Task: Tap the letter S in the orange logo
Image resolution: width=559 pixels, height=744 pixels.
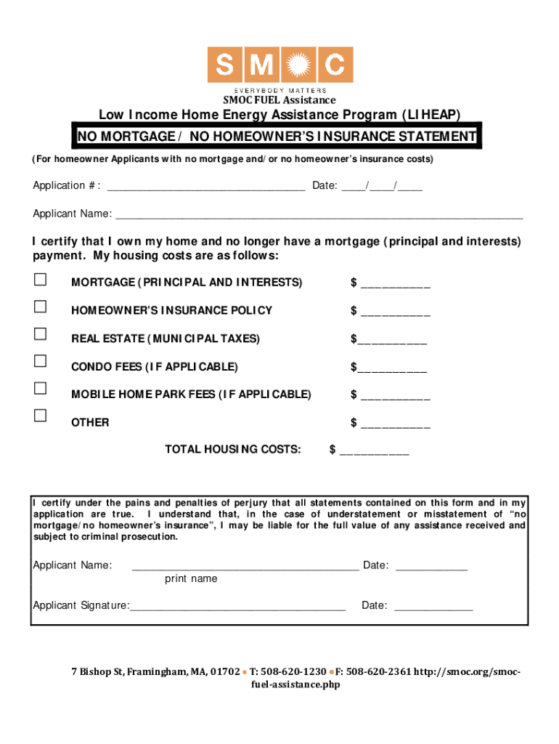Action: point(226,65)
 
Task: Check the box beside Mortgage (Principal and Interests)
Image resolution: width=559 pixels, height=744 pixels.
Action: point(40,280)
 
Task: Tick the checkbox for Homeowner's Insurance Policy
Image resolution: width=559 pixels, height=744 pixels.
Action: point(40,307)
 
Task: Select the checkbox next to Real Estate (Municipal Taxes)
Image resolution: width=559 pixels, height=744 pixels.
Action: point(40,334)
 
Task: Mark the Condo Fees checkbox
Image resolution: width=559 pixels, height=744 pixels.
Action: point(40,361)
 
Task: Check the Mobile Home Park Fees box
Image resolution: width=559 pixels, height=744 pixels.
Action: point(40,389)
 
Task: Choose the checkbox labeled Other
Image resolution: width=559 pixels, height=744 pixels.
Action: point(40,416)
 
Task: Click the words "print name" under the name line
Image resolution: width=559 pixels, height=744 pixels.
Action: point(191,579)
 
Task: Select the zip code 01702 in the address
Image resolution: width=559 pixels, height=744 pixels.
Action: point(225,672)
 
